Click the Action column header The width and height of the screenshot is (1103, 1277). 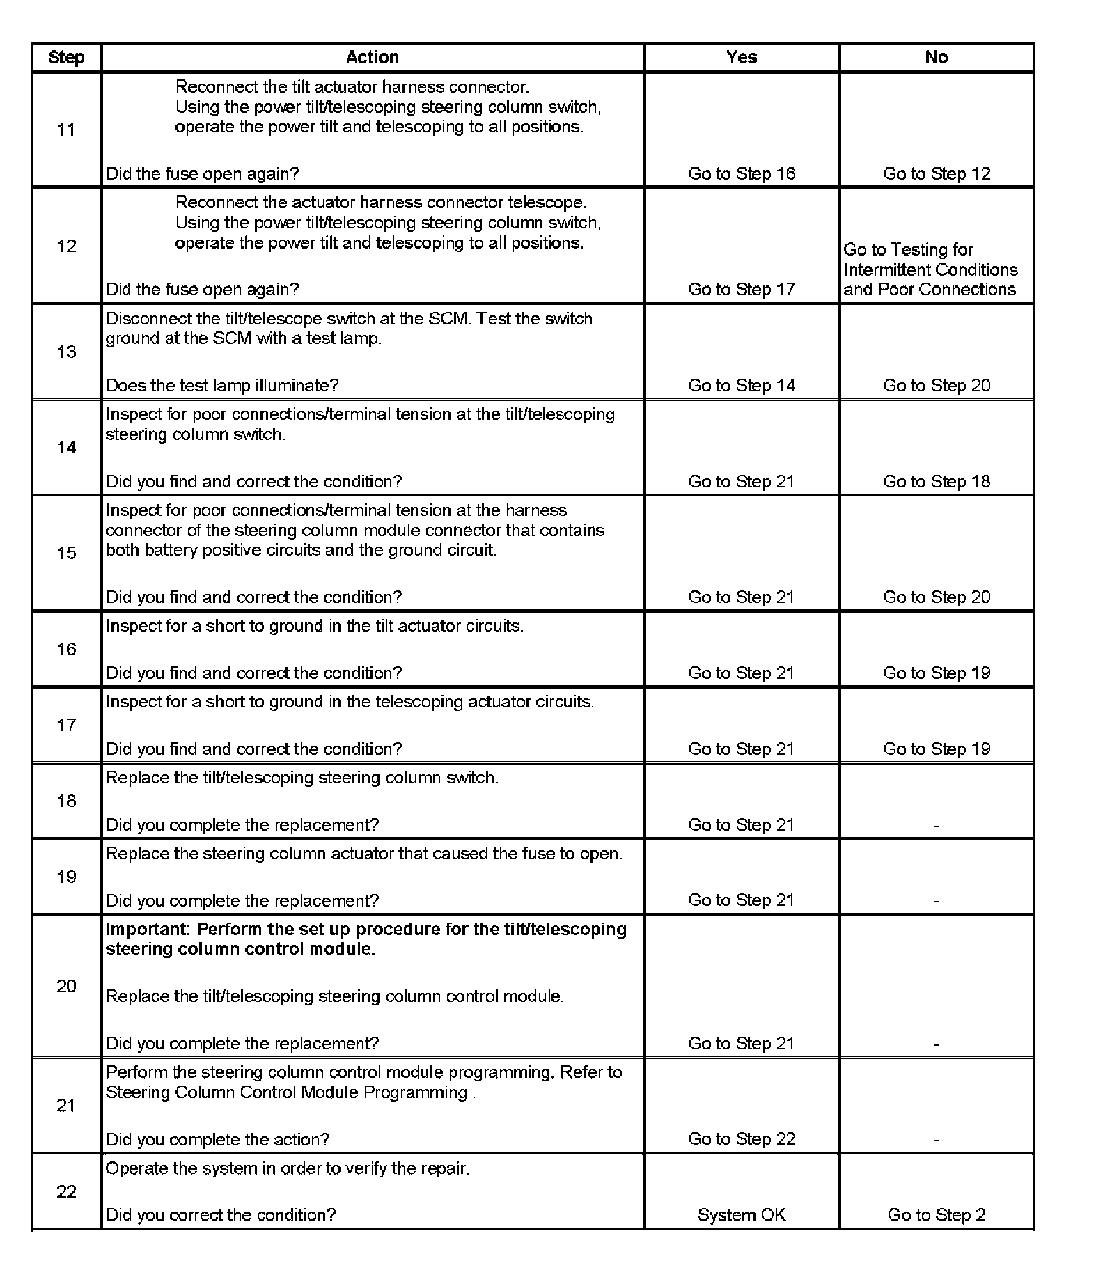tap(372, 57)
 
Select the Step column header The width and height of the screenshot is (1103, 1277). tap(66, 57)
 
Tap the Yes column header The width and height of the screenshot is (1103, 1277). tap(742, 57)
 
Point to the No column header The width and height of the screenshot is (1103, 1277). tap(937, 57)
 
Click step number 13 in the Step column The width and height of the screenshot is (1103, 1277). tap(66, 352)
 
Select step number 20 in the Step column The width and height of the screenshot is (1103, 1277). tap(66, 986)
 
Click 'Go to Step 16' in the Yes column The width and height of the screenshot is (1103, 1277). tap(742, 173)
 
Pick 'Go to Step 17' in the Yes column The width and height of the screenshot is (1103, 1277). tap(742, 289)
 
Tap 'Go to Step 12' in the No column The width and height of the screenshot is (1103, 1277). tap(937, 173)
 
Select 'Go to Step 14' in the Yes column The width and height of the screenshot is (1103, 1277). tap(742, 385)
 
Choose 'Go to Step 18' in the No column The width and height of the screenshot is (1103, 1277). tap(937, 481)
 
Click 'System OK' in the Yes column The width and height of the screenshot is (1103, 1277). tap(742, 1215)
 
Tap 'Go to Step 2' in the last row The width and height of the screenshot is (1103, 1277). tap(937, 1215)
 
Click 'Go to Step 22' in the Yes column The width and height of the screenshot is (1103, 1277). tap(742, 1138)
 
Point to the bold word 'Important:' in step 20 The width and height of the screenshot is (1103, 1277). tap(148, 930)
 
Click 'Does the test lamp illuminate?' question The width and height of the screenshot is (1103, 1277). tap(222, 385)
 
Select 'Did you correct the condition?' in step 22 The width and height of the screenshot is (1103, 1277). tap(221, 1215)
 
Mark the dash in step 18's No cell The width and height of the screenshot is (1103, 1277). tap(937, 826)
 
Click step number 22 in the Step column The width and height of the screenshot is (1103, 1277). tap(66, 1192)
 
